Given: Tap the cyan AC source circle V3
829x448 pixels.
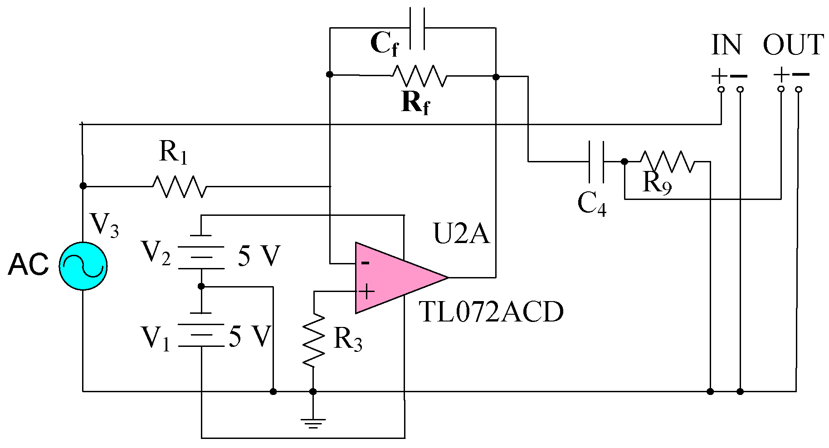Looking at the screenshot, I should pos(83,266).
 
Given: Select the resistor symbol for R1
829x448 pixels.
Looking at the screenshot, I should pos(179,186).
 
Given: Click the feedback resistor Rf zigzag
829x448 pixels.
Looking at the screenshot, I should pos(419,76).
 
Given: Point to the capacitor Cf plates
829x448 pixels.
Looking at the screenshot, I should pos(417,28).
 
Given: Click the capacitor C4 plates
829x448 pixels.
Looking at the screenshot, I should pos(596,161).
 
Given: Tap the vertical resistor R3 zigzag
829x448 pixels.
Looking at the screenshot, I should pos(314,340).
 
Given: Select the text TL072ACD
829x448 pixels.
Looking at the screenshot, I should pos(491,312).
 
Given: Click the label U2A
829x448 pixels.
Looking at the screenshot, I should pos(462,234).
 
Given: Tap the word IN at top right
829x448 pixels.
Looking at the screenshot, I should pos(726,45).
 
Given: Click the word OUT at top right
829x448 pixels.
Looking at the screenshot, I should pos(793,45).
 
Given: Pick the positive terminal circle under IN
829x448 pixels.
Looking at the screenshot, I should pos(721,89).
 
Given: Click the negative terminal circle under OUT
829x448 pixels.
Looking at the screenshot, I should pos(799,89).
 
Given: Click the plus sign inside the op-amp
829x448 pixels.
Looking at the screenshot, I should pos(366,292).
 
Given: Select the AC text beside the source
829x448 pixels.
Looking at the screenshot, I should pos(29,265).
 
